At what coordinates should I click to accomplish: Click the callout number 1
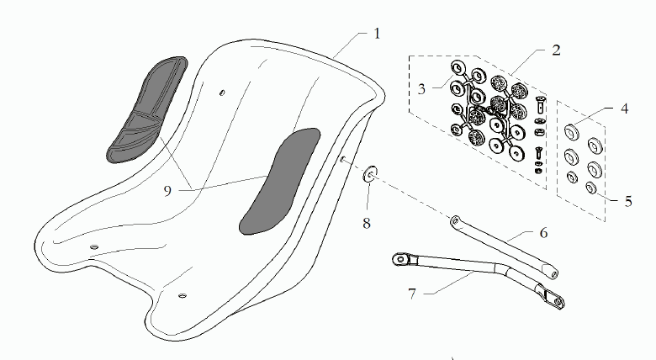(x=377, y=34)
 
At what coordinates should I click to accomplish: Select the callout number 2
(x=556, y=50)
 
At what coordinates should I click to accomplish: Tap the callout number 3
(x=421, y=89)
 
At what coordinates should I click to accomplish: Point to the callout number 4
(x=624, y=109)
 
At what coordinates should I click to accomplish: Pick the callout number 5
(x=628, y=201)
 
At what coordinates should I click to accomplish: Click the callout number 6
(x=543, y=233)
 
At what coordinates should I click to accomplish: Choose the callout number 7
(x=412, y=294)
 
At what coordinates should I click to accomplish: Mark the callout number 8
(x=367, y=224)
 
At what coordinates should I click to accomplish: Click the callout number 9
(x=167, y=191)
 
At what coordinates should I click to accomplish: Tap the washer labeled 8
(x=370, y=174)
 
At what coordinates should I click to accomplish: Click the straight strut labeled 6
(x=504, y=247)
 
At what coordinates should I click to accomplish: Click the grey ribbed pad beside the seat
(x=146, y=109)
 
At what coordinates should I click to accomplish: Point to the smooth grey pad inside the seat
(x=279, y=181)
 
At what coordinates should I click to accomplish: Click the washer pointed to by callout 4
(x=571, y=132)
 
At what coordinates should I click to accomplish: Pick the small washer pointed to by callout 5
(x=591, y=188)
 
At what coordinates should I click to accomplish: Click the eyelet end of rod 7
(x=401, y=260)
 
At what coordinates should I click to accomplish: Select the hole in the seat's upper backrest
(x=223, y=92)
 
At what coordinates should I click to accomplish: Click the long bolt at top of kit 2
(x=541, y=104)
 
